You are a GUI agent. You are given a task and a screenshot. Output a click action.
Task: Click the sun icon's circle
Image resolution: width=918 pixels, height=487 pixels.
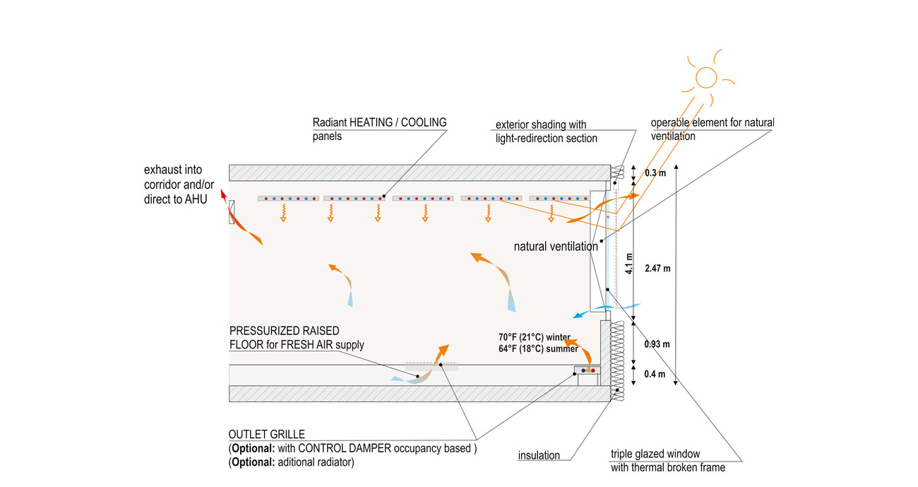[705, 76]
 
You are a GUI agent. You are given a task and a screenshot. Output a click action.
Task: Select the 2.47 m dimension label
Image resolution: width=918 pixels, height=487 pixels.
[657, 268]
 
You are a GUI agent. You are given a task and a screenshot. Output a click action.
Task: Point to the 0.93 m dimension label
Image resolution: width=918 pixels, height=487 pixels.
[657, 344]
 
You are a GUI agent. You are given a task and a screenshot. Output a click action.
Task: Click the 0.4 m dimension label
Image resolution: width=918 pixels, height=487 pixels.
[656, 374]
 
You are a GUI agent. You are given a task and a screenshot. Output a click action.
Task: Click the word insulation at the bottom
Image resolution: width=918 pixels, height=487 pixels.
[539, 455]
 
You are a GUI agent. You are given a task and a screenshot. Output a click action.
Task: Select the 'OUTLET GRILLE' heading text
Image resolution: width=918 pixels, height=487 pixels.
[266, 434]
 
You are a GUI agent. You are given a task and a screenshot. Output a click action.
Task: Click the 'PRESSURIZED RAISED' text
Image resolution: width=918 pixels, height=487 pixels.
[285, 331]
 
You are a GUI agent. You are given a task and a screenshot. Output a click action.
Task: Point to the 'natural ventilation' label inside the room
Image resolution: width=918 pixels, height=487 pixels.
[556, 247]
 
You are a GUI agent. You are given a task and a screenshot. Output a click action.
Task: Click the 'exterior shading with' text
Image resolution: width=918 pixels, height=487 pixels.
[541, 125]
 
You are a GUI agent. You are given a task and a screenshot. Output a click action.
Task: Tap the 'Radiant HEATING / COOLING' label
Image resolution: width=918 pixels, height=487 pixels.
[379, 122]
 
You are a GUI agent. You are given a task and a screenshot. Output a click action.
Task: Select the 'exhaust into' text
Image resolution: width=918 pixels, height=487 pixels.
[173, 170]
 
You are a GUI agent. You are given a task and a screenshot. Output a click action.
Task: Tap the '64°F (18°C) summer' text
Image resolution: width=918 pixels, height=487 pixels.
[538, 348]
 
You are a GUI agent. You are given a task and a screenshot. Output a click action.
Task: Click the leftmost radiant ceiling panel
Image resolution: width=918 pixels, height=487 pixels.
[289, 199]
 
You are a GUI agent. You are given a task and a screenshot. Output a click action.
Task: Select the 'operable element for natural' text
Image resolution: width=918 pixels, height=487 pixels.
[713, 123]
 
